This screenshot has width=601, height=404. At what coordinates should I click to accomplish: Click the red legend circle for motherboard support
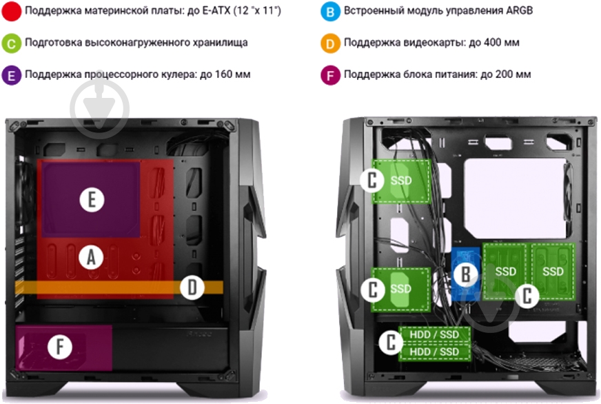(11, 11)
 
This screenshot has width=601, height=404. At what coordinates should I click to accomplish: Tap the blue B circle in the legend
(330, 11)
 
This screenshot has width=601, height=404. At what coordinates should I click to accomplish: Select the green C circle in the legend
(11, 43)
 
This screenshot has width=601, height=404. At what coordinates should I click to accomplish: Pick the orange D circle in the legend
(330, 43)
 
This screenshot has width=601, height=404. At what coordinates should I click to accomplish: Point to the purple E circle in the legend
(11, 74)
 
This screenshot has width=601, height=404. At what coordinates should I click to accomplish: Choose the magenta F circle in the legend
(330, 74)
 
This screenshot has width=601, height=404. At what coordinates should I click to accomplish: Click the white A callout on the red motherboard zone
(91, 257)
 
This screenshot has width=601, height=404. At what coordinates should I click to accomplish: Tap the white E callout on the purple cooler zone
(92, 199)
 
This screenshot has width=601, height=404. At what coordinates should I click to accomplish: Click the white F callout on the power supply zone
(60, 347)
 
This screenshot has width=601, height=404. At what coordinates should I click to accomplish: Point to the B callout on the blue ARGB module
(465, 274)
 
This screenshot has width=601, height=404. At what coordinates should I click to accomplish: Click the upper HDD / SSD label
(434, 334)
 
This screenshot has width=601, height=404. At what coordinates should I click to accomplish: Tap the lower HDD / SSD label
(434, 352)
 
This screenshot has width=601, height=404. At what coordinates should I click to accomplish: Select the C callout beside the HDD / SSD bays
(391, 342)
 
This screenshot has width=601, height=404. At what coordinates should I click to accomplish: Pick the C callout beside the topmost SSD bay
(371, 180)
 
